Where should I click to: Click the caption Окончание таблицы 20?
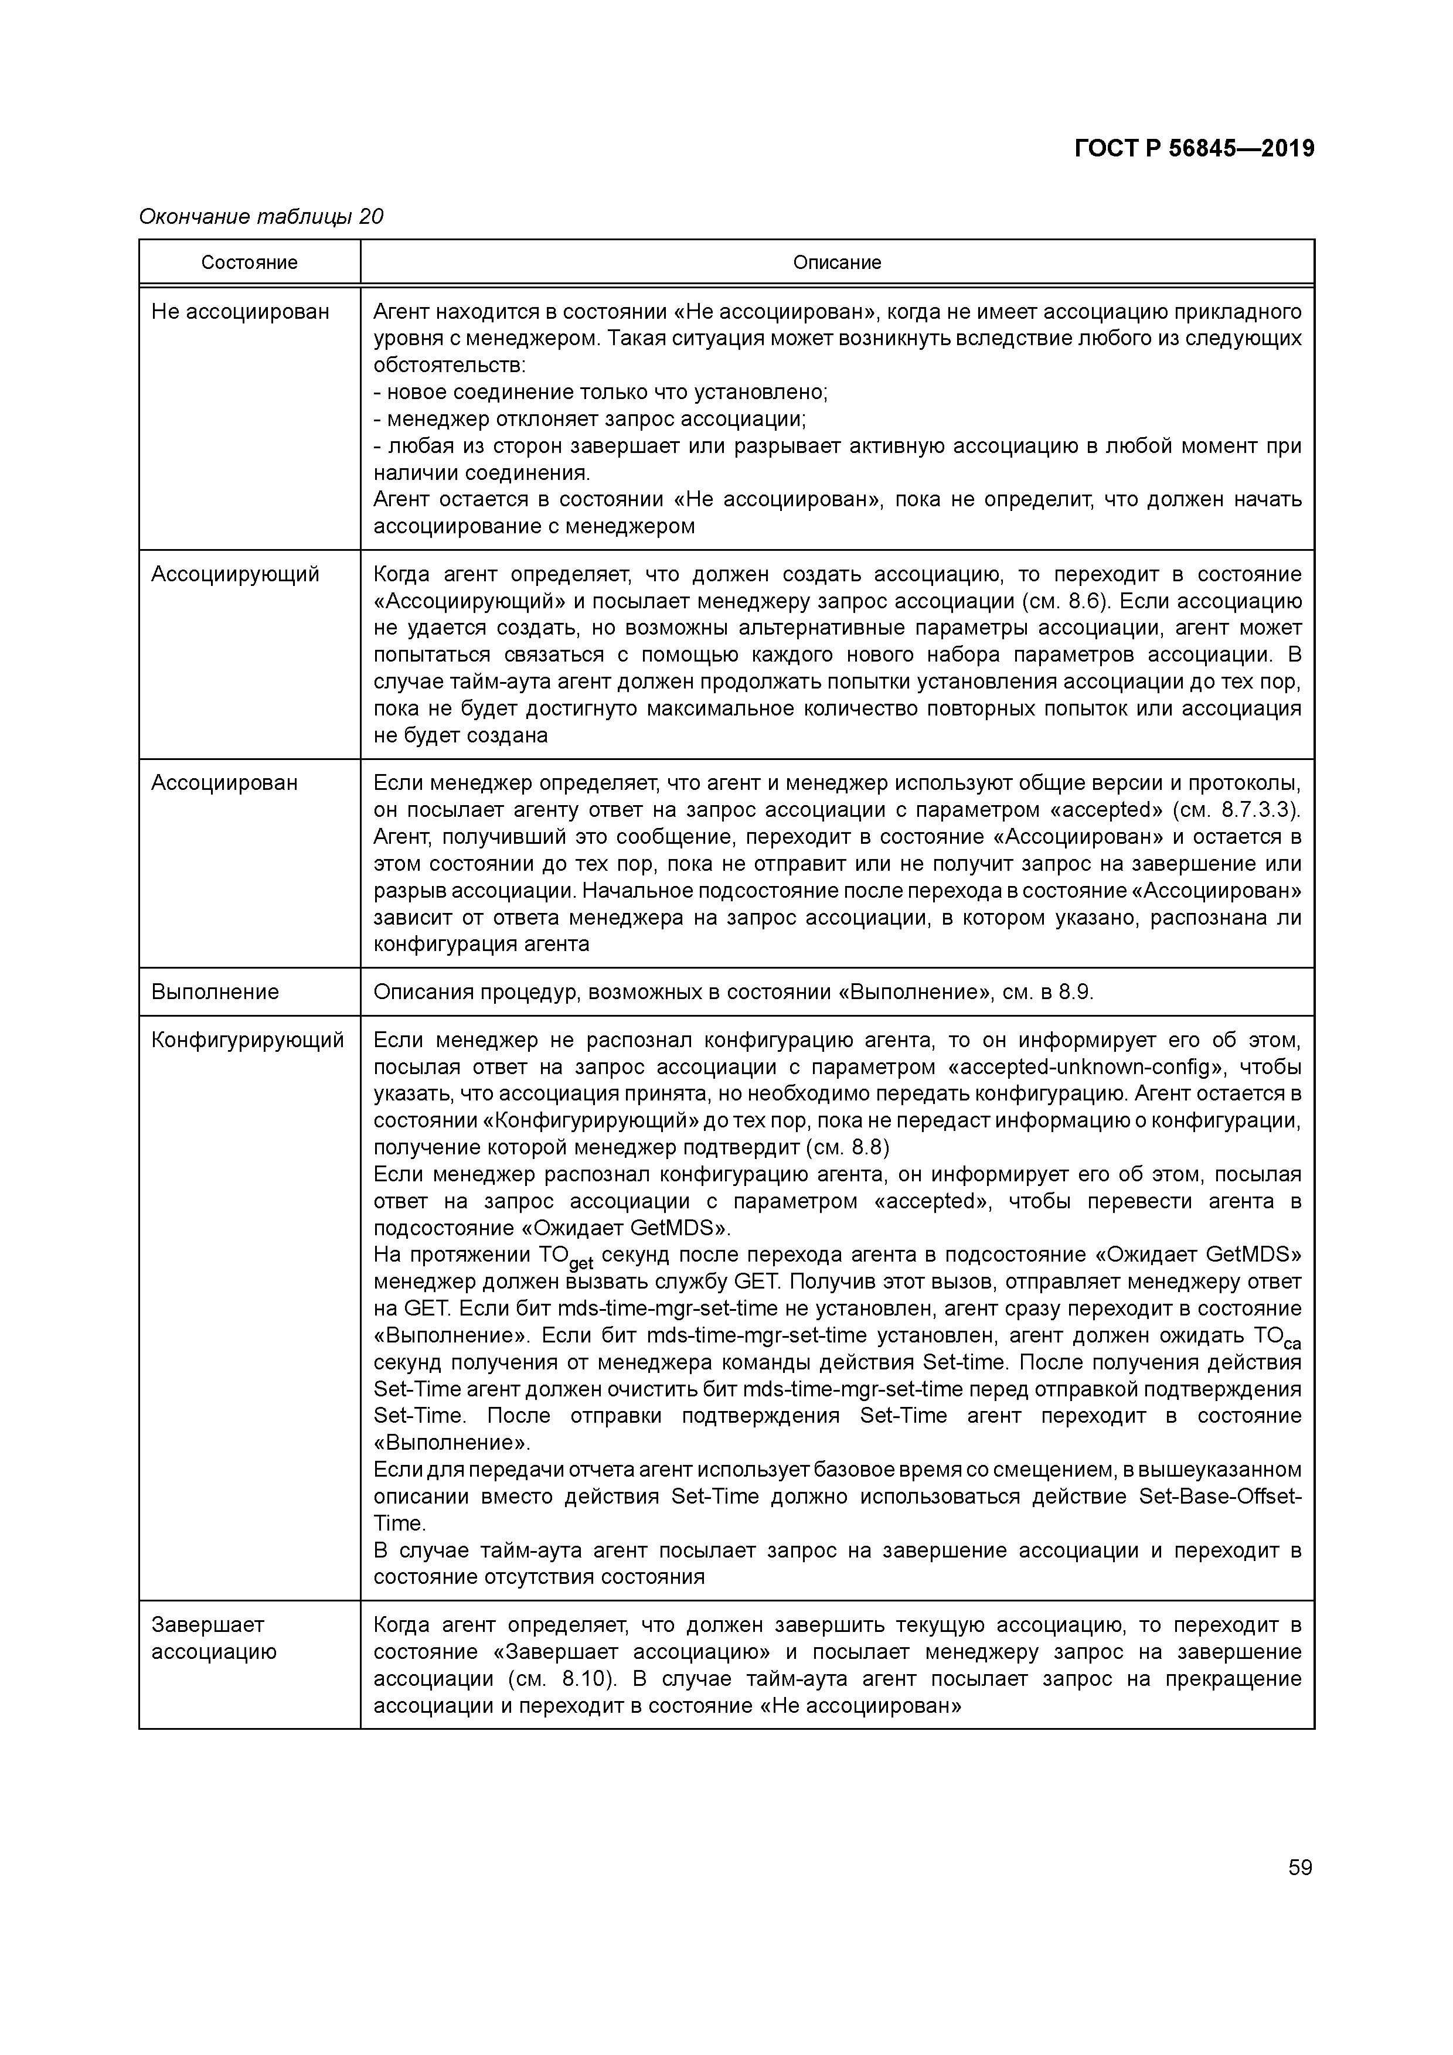[x=260, y=217]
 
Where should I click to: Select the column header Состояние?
[x=249, y=263]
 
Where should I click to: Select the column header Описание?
[x=836, y=263]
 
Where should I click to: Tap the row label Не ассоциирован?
[x=240, y=312]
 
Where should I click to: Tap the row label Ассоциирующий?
[x=234, y=574]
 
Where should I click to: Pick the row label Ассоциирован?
[x=224, y=783]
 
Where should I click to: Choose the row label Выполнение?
[x=215, y=991]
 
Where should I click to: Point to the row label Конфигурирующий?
[x=247, y=1040]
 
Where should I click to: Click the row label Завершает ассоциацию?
[x=213, y=1638]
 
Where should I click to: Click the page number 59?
[x=1300, y=1868]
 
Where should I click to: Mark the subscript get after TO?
[x=581, y=1264]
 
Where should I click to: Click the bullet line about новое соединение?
[x=600, y=392]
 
